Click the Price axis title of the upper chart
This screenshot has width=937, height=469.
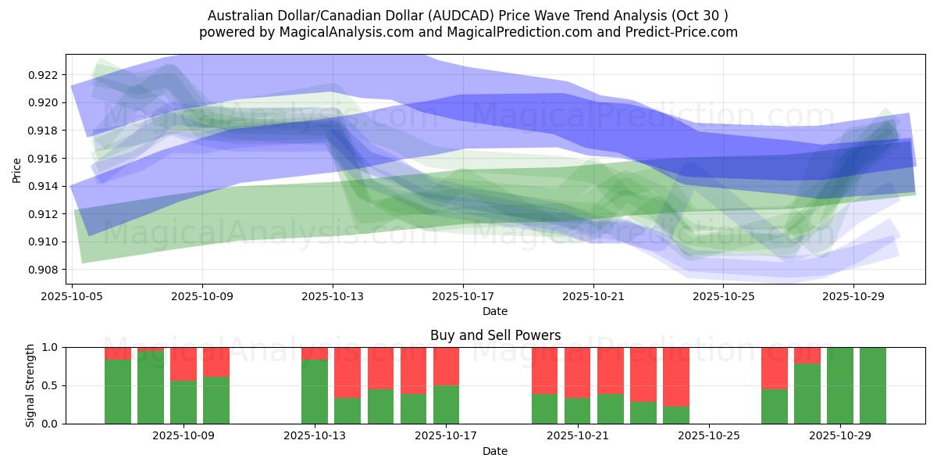click(x=17, y=169)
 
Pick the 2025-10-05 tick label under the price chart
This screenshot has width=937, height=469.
click(x=72, y=297)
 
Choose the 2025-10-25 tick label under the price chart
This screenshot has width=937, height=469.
click(x=723, y=297)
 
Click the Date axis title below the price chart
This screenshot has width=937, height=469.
click(x=495, y=311)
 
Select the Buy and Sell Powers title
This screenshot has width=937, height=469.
click(x=495, y=335)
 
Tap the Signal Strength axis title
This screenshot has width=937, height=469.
click(x=30, y=385)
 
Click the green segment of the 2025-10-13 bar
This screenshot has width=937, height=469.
click(x=315, y=391)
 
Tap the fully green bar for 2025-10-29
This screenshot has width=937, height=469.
click(x=840, y=385)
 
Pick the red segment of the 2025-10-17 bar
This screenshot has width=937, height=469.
click(x=446, y=366)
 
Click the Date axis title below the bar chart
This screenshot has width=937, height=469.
click(x=495, y=451)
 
